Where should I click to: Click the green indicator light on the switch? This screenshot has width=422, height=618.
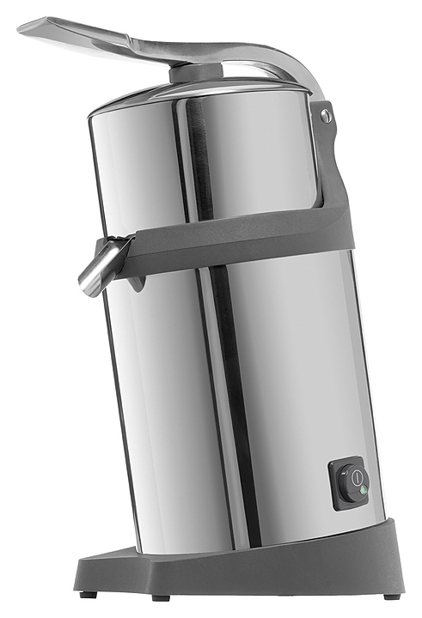pyautogui.click(x=363, y=491)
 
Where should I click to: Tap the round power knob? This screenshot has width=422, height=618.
pyautogui.click(x=353, y=482)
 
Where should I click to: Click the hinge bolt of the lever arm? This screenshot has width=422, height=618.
pyautogui.click(x=325, y=113)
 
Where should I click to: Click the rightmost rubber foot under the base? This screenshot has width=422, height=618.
pyautogui.click(x=392, y=595)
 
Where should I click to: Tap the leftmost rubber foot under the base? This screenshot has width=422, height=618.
pyautogui.click(x=85, y=593)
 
